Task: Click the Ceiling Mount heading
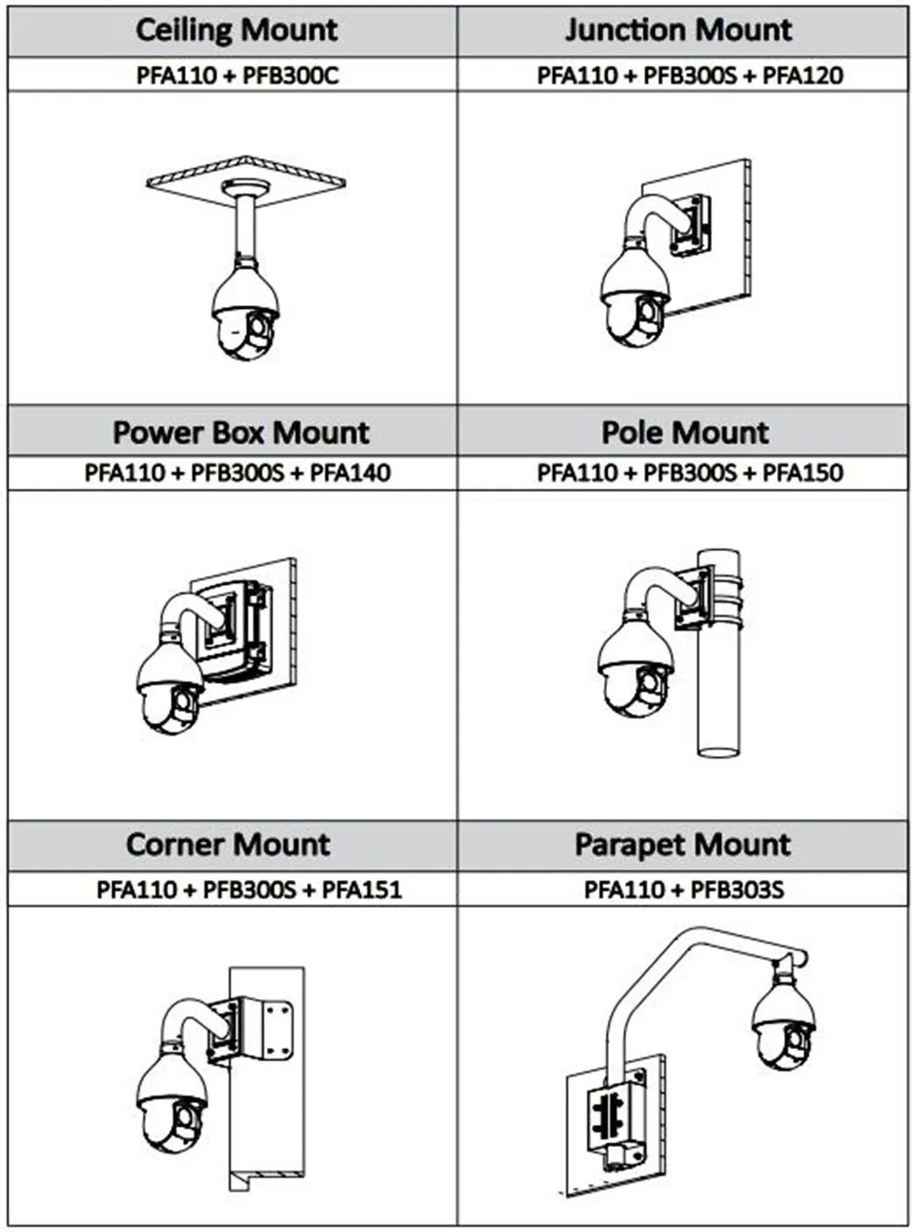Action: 237,30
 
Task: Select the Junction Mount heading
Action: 678,30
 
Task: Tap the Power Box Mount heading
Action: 241,431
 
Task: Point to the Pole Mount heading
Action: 685,431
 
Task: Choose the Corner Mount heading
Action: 228,844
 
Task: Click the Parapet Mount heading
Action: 682,844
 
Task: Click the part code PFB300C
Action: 291,75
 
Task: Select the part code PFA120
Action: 802,75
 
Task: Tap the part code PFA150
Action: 802,473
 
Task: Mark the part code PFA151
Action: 362,889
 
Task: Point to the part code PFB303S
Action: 737,889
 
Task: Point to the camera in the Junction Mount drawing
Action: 635,297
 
